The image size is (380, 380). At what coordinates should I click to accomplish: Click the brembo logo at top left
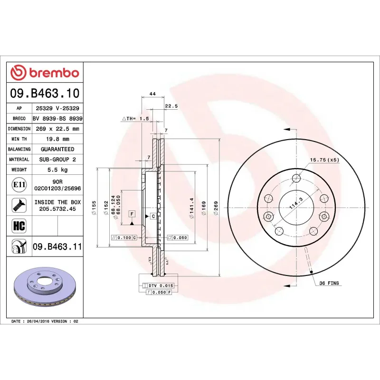(x=45, y=73)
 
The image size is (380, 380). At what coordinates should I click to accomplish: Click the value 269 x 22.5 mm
(x=57, y=129)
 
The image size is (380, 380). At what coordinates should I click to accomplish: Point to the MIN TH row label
(x=19, y=139)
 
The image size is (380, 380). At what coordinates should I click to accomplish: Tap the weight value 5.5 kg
(x=57, y=170)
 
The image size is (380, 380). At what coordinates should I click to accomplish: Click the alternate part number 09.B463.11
(x=57, y=247)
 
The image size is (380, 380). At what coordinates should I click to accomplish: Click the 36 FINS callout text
(x=329, y=283)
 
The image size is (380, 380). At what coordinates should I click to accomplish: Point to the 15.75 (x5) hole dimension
(x=324, y=160)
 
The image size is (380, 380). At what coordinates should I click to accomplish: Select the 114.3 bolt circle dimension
(x=296, y=205)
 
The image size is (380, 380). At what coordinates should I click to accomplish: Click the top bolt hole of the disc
(x=297, y=179)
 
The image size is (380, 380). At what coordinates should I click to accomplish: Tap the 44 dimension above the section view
(x=152, y=94)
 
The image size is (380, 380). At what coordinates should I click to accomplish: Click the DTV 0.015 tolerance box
(x=159, y=285)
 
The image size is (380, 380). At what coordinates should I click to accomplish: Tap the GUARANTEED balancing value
(x=57, y=149)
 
